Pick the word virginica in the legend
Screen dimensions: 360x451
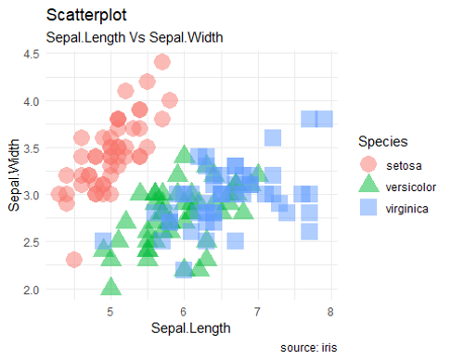coord(407,209)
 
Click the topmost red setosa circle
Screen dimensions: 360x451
coord(161,63)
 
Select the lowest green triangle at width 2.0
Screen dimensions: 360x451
coord(110,287)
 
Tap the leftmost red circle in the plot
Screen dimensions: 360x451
coord(58,194)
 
